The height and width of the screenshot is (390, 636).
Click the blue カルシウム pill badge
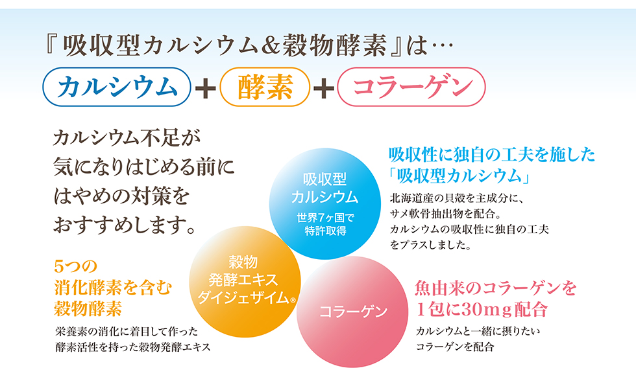tap(117, 87)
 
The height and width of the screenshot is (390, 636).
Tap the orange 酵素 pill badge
tap(265, 87)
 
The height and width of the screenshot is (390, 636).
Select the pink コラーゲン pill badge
tap(411, 87)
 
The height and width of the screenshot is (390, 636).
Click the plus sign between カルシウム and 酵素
tap(205, 87)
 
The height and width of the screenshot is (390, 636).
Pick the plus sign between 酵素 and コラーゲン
tap(324, 87)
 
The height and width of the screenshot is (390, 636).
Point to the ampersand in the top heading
tap(270, 46)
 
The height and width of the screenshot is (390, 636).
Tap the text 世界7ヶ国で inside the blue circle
tap(325, 218)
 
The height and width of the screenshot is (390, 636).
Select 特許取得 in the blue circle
tap(325, 231)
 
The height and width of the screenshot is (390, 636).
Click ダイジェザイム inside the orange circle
tap(243, 297)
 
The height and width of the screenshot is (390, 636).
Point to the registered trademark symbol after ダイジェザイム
tap(293, 300)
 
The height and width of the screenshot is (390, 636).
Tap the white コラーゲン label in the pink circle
tap(353, 312)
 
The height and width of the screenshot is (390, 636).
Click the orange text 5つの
tap(76, 266)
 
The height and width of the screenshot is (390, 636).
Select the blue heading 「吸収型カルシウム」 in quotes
tap(459, 176)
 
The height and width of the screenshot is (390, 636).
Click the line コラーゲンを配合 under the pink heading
tap(455, 347)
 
